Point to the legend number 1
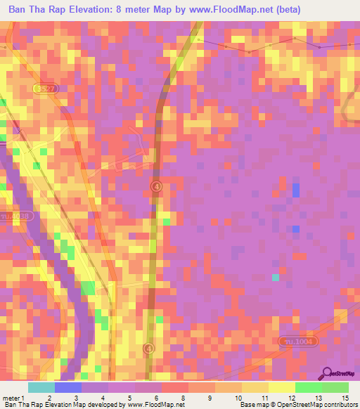point(23,397)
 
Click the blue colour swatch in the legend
point(67,387)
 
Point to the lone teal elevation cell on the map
point(276,277)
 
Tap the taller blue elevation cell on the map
point(296,190)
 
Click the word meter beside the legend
point(11,397)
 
